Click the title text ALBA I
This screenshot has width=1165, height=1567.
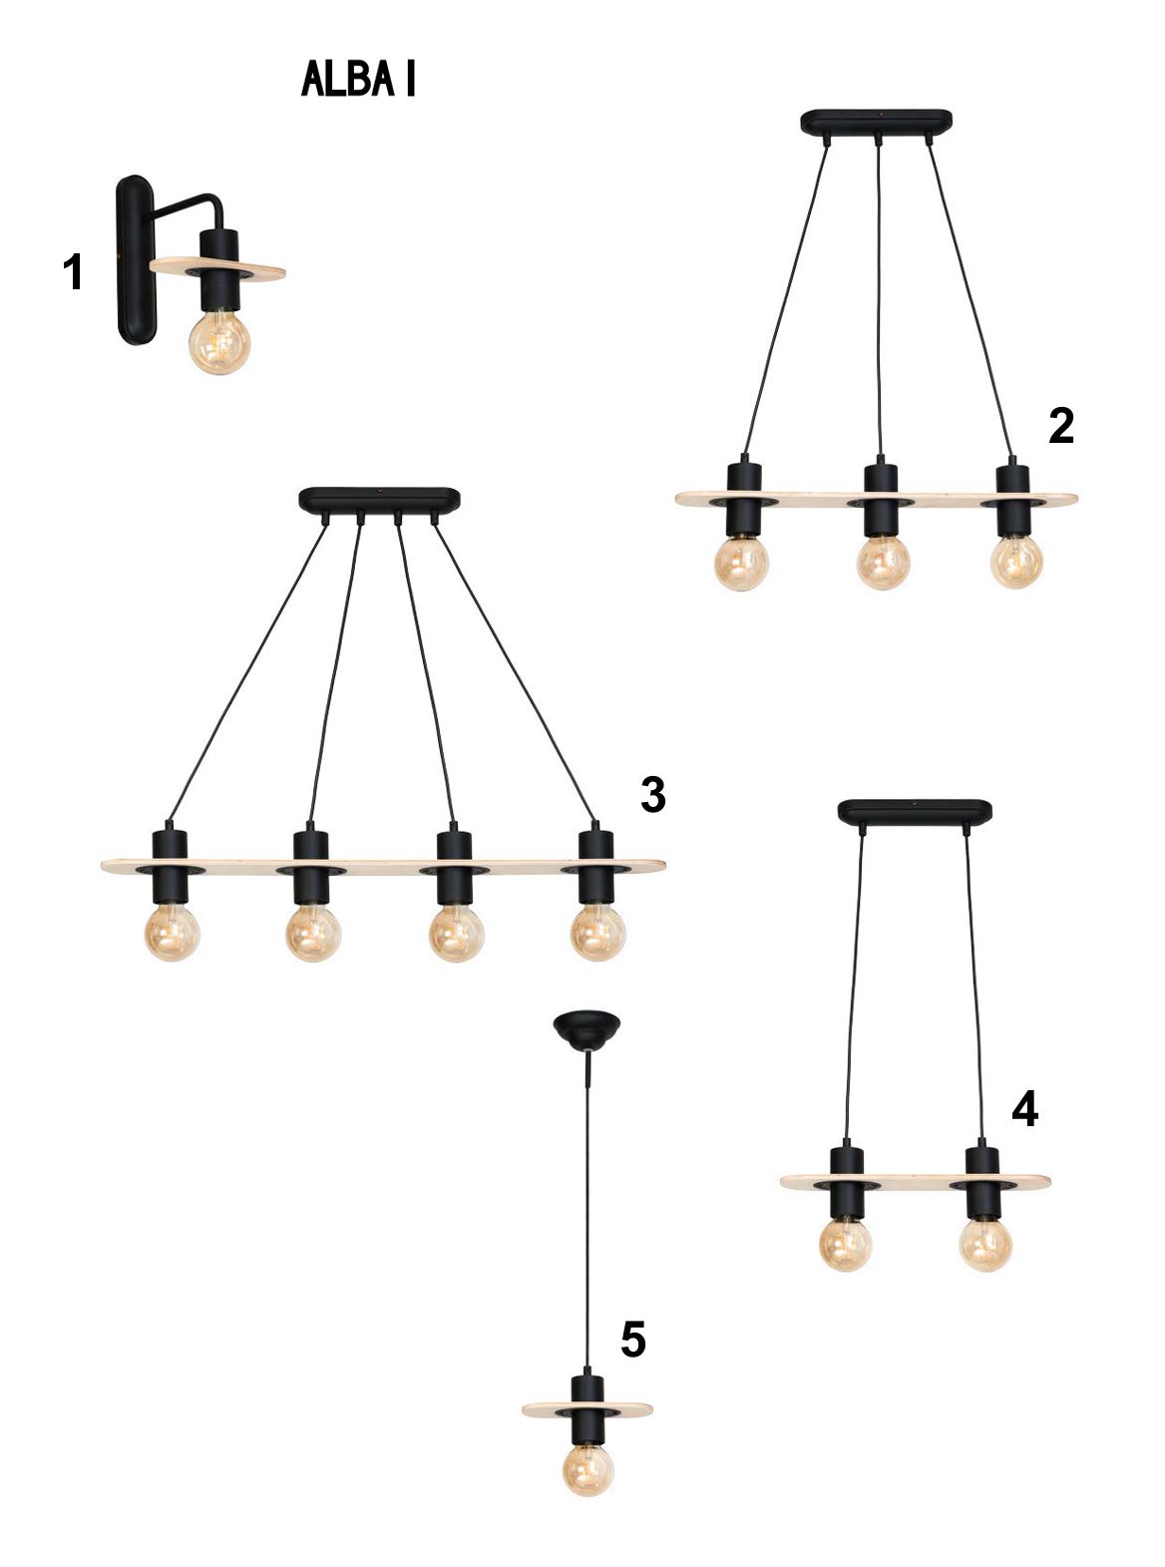coord(358,79)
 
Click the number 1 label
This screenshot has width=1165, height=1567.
coord(74,272)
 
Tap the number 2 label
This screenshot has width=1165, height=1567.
coord(1060,426)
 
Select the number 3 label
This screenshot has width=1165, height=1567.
coord(652,795)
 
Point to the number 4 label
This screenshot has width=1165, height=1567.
coord(1025,1109)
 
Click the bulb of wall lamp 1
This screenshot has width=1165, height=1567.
coord(219,343)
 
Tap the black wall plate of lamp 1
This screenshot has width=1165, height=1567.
coord(135,260)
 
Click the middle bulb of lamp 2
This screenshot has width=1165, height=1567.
coord(883,563)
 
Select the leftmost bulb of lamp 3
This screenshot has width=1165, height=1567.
coord(172,933)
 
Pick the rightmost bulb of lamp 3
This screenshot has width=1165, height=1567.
coord(597,933)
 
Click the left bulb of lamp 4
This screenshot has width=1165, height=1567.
coord(845,1244)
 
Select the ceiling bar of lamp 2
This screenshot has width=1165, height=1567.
coord(876,122)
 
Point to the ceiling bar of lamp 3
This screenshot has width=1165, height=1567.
coord(379,500)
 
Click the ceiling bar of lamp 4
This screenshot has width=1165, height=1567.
coord(915,812)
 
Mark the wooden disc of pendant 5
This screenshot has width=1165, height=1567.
coord(587,1408)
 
